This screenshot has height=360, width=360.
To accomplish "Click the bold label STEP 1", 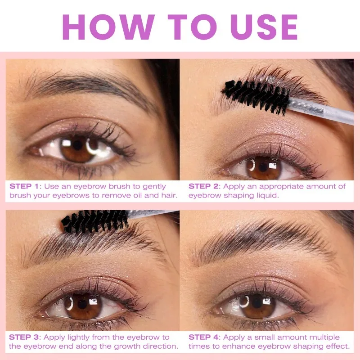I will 26,186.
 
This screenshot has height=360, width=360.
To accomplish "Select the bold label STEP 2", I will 205,186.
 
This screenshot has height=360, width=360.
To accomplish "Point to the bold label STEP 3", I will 26,337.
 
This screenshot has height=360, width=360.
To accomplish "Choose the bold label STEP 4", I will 205,337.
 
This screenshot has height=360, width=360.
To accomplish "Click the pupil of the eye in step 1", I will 78,146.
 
